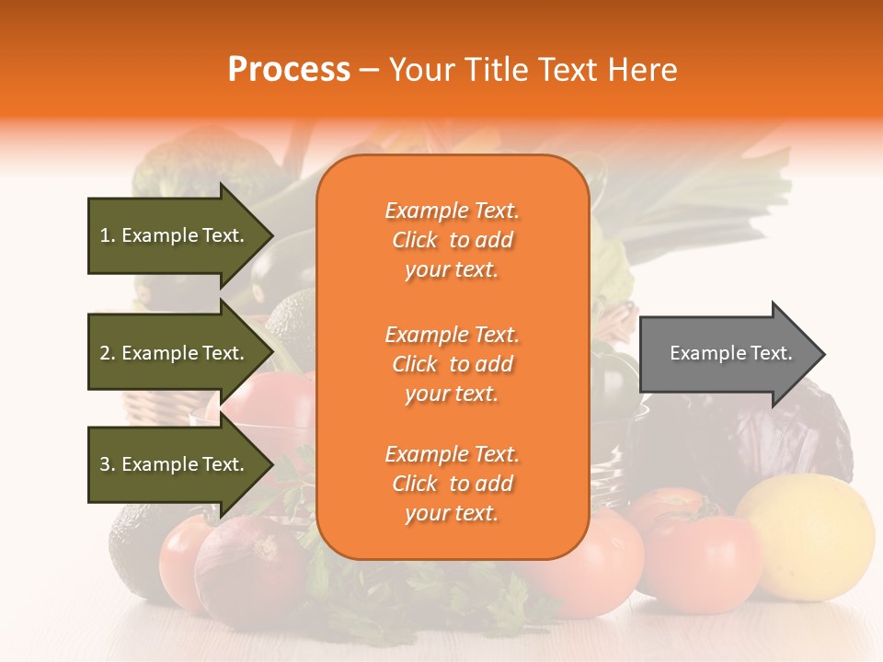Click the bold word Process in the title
[x=289, y=69]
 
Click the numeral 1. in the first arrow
[x=108, y=235]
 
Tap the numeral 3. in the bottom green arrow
[x=108, y=464]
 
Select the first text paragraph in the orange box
[x=452, y=240]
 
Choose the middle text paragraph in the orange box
[x=452, y=364]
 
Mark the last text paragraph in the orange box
[x=452, y=484]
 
